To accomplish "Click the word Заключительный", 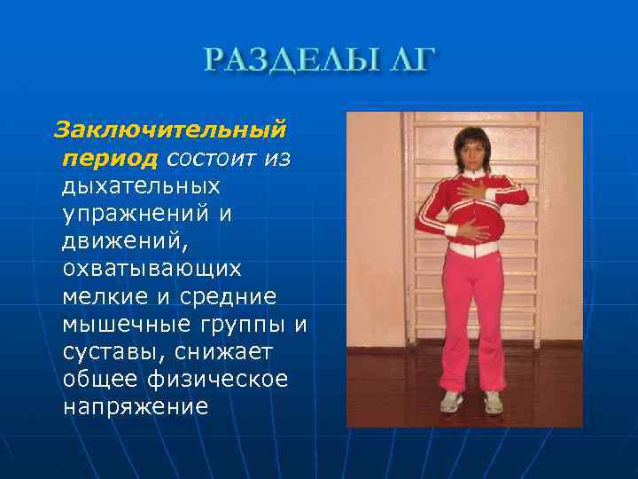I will [170, 131].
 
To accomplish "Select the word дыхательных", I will [141, 187].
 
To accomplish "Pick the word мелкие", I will [103, 297].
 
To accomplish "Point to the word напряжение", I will [135, 407].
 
